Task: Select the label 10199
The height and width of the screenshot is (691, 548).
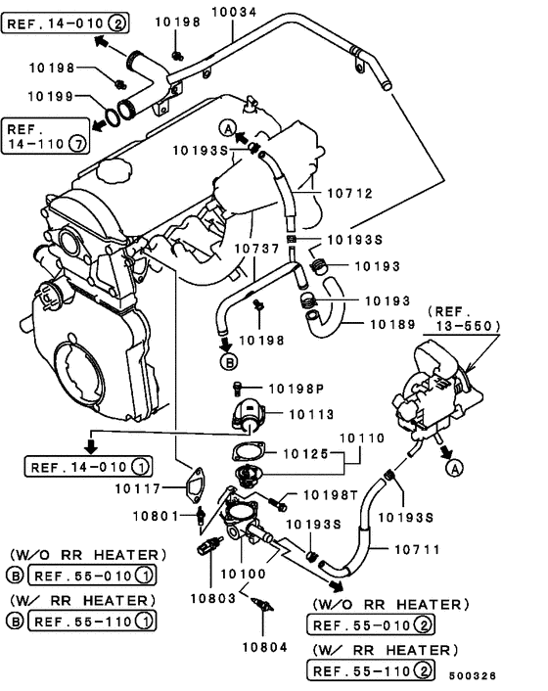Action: tap(50, 96)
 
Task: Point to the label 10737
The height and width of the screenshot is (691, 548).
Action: tap(258, 249)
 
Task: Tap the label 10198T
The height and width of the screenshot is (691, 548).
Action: tap(330, 495)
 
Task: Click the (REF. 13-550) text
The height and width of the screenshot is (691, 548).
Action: tap(464, 317)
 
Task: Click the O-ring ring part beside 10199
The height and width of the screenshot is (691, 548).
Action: tap(114, 116)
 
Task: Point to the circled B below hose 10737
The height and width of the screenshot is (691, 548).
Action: tap(229, 361)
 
